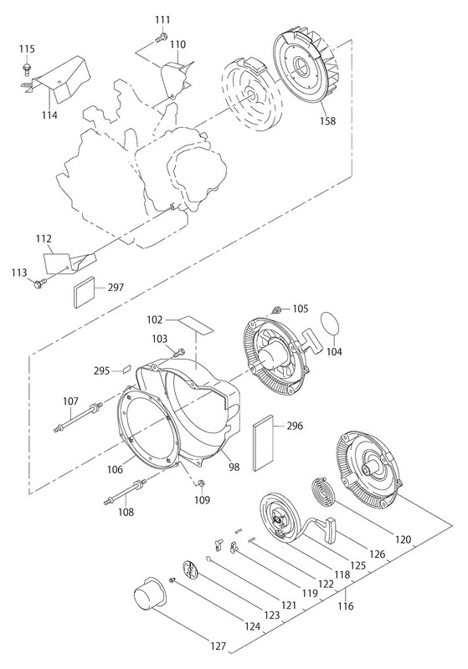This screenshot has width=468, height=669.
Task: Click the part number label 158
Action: (328, 120)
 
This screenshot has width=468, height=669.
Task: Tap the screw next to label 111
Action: (161, 38)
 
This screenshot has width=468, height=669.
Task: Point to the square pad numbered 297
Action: (85, 292)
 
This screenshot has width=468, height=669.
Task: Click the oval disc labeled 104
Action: (330, 324)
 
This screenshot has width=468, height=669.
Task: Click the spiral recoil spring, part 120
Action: (325, 493)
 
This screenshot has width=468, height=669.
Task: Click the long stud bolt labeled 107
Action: (78, 417)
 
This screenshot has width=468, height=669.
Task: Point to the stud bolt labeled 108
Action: (125, 492)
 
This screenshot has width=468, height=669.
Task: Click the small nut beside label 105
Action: (276, 309)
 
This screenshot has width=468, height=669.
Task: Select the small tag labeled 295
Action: (126, 369)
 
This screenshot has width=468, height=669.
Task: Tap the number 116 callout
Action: (346, 605)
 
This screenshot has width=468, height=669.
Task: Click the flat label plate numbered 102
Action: (195, 325)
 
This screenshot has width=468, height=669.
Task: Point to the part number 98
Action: (234, 467)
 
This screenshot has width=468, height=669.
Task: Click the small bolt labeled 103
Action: (179, 352)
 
